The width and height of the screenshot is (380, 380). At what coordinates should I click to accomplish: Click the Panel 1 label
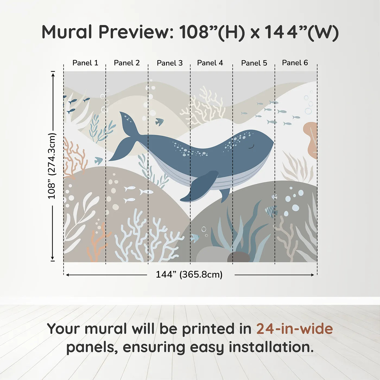85,63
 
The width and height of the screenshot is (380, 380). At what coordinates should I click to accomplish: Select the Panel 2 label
127,63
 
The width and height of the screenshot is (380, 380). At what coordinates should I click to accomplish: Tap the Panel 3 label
170,63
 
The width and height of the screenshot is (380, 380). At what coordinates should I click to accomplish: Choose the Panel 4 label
210,63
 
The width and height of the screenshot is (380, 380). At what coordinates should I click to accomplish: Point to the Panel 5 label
254,63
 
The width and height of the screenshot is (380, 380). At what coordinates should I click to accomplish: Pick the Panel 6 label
295,62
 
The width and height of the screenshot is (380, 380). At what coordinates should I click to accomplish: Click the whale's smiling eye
251,147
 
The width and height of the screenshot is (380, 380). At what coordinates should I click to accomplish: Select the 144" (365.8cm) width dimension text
189,274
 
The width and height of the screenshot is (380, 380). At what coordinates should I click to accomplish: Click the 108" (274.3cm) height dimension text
52,166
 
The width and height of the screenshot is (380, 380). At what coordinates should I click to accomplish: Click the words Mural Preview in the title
107,32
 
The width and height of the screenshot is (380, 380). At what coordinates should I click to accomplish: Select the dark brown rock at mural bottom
239,257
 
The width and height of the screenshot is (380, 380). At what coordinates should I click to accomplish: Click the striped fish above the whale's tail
160,122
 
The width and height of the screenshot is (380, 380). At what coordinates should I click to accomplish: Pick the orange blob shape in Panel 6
311,140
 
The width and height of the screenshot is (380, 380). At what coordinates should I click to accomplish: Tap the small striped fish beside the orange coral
99,160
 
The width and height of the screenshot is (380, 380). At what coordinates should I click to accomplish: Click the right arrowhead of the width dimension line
313,275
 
